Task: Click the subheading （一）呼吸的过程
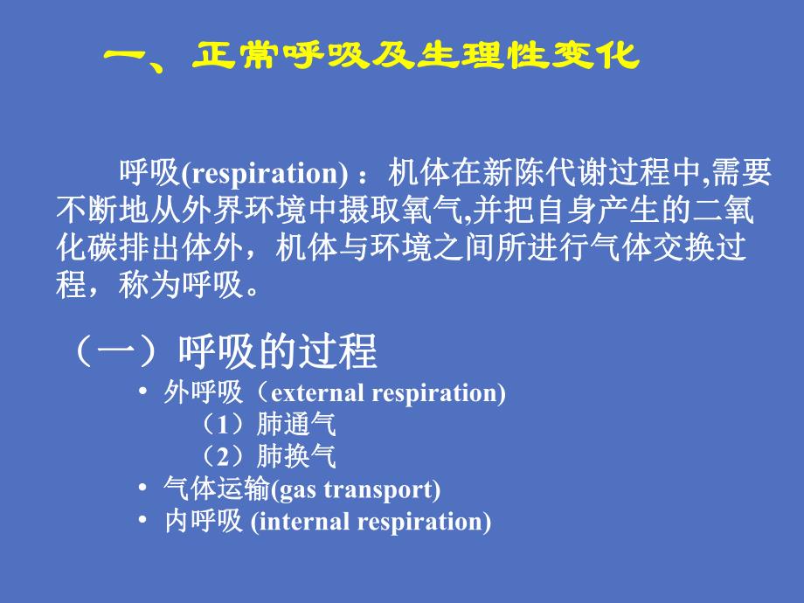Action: click(x=223, y=352)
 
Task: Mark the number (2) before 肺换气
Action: click(x=225, y=457)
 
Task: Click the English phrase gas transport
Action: click(x=356, y=489)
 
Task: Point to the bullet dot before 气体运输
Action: click(x=143, y=489)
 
